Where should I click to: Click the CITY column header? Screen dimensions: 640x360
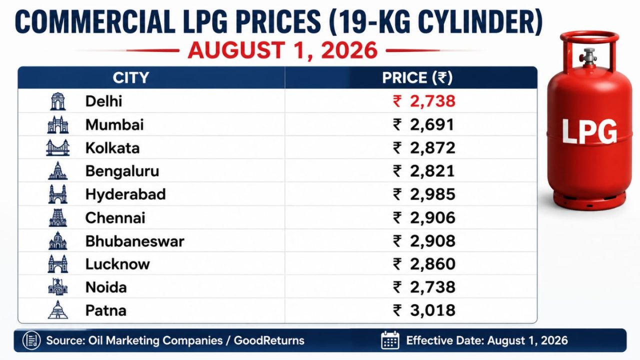coord(131,77)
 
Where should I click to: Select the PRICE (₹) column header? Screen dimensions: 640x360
coord(417,77)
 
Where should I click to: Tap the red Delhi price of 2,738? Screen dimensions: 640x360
coord(424,101)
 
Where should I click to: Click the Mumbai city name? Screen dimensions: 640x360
coord(114,125)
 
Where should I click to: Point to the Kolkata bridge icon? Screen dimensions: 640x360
coord(57,147)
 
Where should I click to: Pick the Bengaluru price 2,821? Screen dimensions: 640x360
coord(424,171)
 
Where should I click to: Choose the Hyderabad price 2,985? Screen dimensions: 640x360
coord(424,194)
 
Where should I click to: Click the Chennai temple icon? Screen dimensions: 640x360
coord(57,217)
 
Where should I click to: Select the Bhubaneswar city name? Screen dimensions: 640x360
coord(135,241)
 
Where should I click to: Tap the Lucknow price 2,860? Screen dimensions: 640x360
coord(424,264)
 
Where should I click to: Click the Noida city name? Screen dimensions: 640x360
coord(106,287)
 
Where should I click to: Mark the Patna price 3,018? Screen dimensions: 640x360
coord(424,310)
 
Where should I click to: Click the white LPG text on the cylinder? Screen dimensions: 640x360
coord(589,131)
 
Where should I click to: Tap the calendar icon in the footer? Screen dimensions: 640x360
coord(390,340)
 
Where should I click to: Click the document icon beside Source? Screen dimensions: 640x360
coord(31,340)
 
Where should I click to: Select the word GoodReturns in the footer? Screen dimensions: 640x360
coord(269,340)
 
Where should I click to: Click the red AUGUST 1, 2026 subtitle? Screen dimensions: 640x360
coord(283,50)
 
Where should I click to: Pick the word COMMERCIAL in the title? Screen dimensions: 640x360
coord(95,22)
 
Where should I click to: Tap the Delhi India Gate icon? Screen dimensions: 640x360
coord(57,101)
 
